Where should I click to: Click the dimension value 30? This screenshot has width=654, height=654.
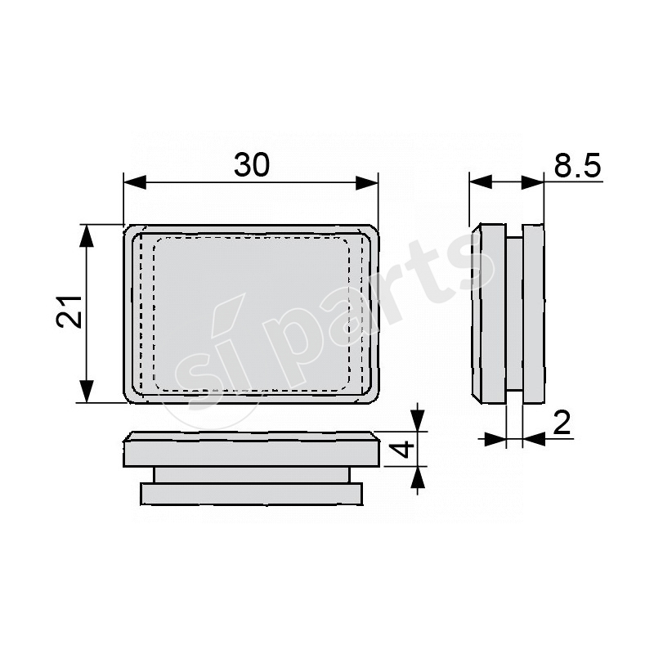252,165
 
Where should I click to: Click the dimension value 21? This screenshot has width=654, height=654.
69,311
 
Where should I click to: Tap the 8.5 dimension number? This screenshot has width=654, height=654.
577,166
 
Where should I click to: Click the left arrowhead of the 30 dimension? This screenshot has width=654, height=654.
135,182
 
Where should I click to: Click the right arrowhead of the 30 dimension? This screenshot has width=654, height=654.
366,182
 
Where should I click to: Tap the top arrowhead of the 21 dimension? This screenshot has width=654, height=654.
87,236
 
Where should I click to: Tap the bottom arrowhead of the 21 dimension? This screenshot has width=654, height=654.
87,392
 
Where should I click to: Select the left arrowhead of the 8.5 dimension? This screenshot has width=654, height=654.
481,181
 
